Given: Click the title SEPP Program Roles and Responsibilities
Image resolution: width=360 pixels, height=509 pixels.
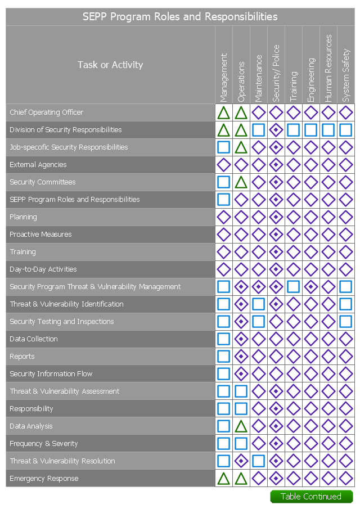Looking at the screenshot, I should (x=180, y=17).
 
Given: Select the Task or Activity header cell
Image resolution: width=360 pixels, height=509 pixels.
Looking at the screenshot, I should (x=110, y=65).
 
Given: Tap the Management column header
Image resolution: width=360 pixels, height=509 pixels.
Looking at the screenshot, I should (x=223, y=77).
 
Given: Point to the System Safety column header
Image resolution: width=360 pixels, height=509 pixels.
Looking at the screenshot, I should (x=345, y=75).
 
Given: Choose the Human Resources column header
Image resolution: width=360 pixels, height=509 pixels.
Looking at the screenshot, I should (x=328, y=68).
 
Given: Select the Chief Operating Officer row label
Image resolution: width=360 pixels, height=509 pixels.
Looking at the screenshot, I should (x=47, y=112).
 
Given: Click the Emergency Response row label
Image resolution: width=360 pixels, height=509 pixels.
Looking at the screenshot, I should (x=44, y=479).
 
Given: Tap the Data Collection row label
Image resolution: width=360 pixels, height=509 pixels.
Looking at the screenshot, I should (x=33, y=339).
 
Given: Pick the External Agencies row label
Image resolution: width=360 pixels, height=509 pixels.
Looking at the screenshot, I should (x=38, y=165).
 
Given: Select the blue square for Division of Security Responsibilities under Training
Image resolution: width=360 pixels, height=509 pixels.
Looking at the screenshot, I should (x=293, y=130).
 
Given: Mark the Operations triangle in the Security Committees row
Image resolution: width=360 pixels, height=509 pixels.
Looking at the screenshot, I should (x=241, y=182).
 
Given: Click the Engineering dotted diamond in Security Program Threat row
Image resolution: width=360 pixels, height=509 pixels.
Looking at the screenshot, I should (x=310, y=287).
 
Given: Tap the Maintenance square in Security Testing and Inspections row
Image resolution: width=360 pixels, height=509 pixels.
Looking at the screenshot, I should (x=258, y=322).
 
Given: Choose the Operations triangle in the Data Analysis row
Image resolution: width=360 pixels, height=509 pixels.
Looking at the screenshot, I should (x=241, y=426).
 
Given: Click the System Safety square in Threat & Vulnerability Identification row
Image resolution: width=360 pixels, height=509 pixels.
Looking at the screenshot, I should (x=345, y=304).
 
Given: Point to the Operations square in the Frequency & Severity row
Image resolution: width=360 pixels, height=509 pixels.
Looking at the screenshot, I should (x=241, y=444).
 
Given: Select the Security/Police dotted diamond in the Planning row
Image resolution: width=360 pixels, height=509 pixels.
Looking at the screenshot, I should (x=276, y=217).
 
